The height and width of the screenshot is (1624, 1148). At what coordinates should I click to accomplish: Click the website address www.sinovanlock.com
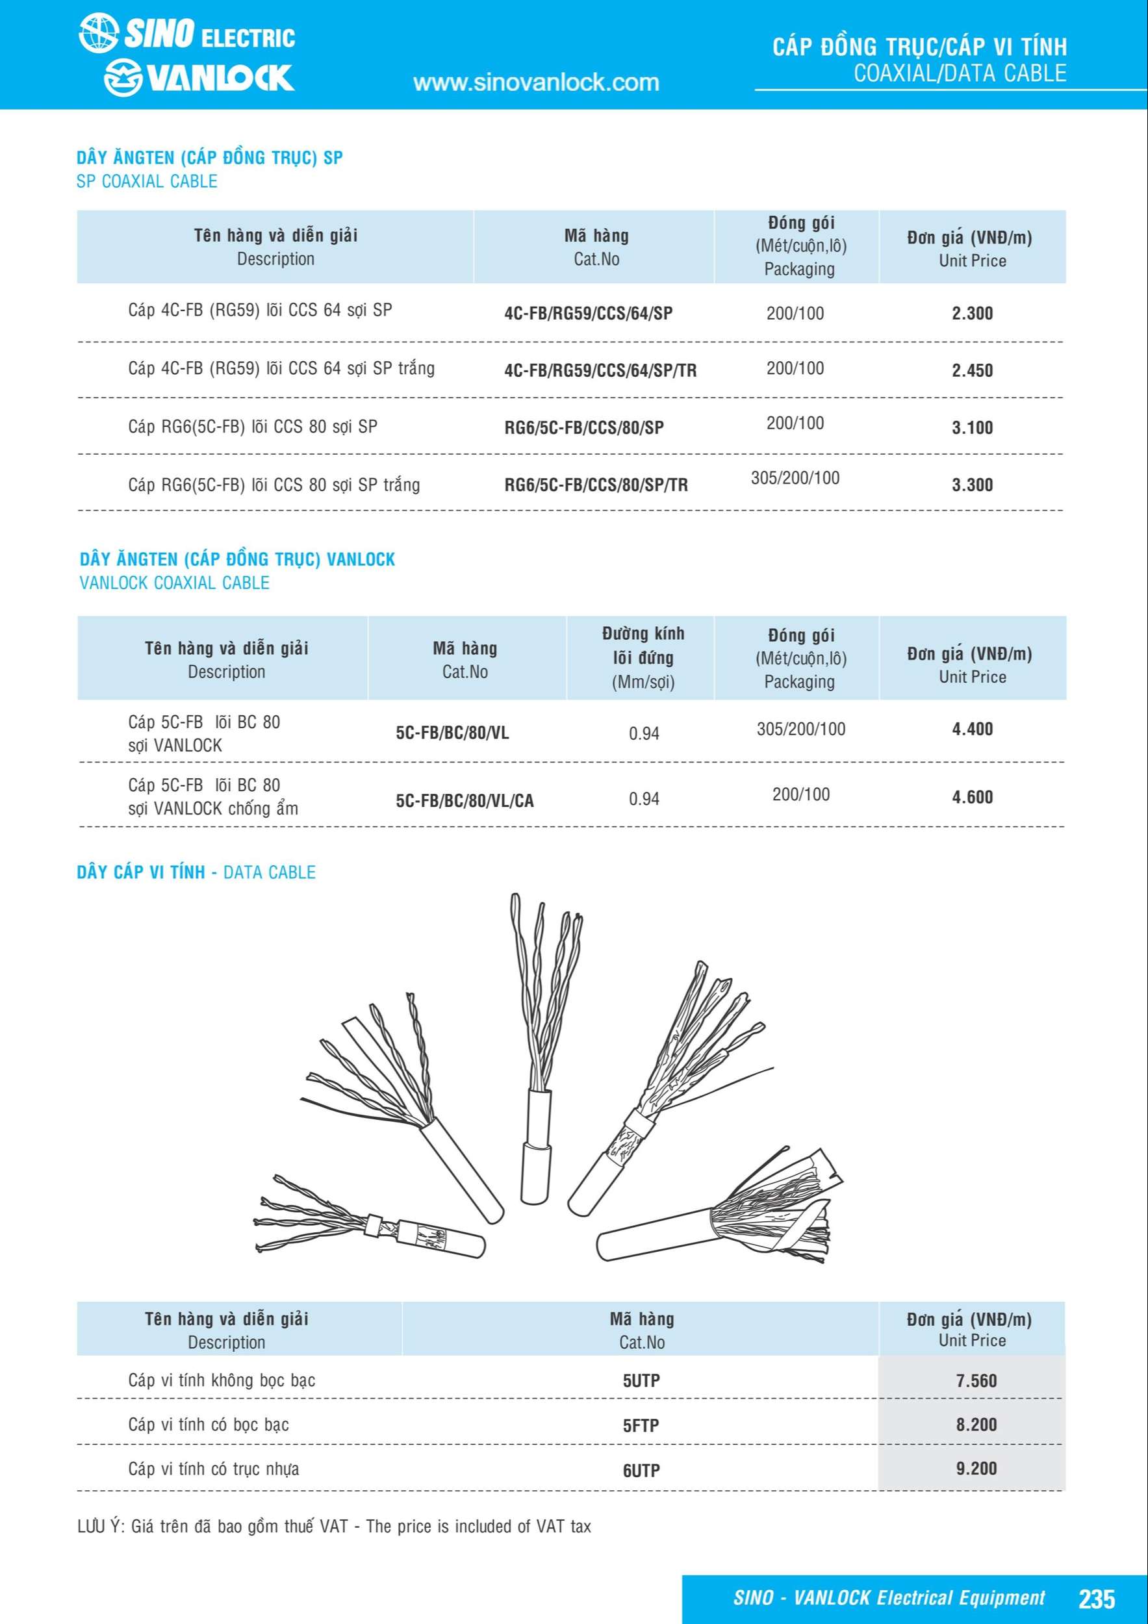tap(535, 82)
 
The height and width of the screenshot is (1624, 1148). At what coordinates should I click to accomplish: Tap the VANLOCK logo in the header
tap(199, 77)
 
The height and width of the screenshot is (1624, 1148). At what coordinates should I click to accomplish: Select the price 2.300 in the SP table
tap(972, 313)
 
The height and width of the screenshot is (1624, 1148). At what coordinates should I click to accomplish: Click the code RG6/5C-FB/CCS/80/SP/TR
tap(596, 485)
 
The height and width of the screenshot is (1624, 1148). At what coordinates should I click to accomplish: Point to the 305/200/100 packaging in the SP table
tap(795, 478)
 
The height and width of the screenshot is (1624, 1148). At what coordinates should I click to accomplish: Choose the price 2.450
tap(972, 371)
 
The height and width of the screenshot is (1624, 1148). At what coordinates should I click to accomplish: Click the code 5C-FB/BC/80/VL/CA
tap(465, 801)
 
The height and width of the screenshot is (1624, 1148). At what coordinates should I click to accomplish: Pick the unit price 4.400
tap(972, 730)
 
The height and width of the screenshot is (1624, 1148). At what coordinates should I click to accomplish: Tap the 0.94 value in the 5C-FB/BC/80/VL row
tap(644, 733)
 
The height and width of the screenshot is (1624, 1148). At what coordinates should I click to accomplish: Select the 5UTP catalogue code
tap(641, 1380)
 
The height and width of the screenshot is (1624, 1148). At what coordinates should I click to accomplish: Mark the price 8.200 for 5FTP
tap(976, 1424)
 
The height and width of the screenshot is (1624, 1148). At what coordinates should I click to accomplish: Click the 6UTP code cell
tap(641, 1471)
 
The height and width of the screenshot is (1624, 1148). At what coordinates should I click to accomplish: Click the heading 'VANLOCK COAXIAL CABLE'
tap(175, 583)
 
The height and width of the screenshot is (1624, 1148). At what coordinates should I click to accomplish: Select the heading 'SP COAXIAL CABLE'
tap(146, 181)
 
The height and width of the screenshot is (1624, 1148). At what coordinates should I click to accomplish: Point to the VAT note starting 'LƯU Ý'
tap(334, 1527)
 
